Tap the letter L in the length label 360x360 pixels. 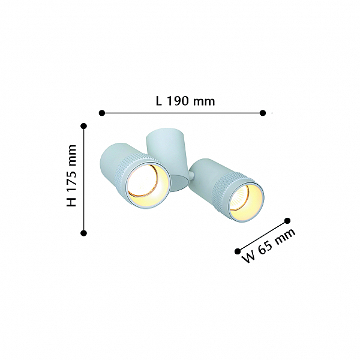pyautogui.click(x=158, y=101)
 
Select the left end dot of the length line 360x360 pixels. pyautogui.click(x=102, y=113)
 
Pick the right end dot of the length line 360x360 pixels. pyautogui.click(x=263, y=113)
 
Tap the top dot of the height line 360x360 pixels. pyautogui.click(x=84, y=126)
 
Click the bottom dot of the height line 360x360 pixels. pyautogui.click(x=84, y=233)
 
